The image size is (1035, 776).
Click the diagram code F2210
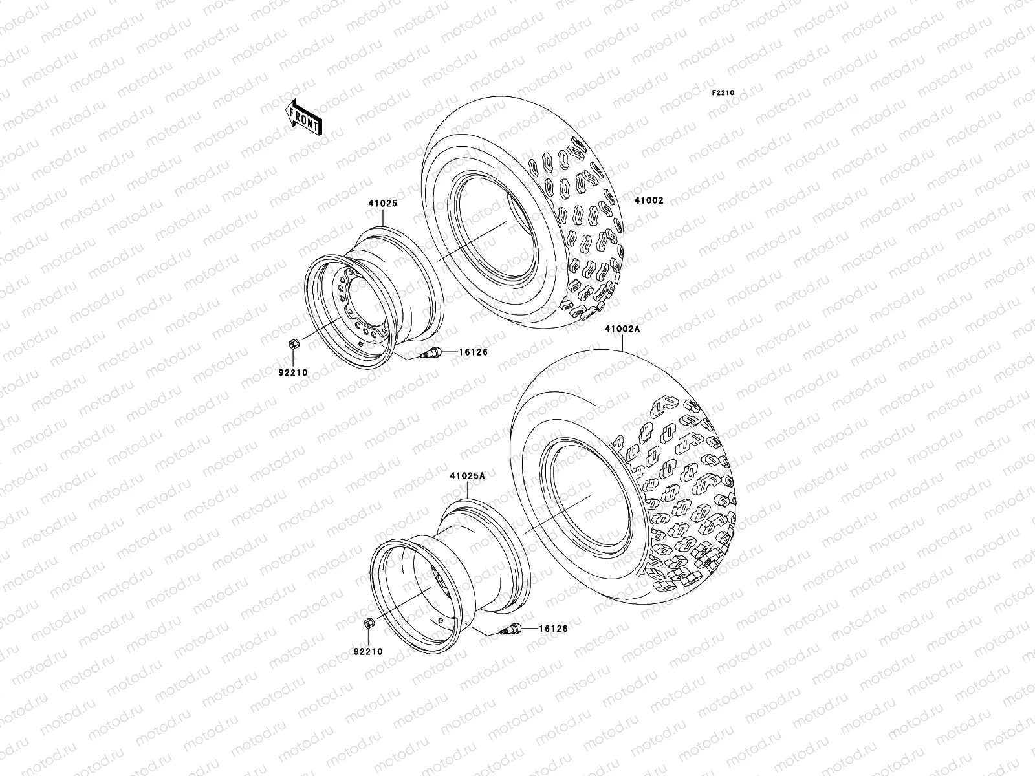(x=723, y=93)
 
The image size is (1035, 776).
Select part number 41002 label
(x=649, y=201)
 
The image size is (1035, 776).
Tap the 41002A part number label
(x=622, y=329)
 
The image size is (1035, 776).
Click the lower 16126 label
(x=552, y=628)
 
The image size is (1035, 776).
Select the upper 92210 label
(x=294, y=372)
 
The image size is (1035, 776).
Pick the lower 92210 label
(x=369, y=652)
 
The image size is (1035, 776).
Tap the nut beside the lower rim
(x=367, y=625)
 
